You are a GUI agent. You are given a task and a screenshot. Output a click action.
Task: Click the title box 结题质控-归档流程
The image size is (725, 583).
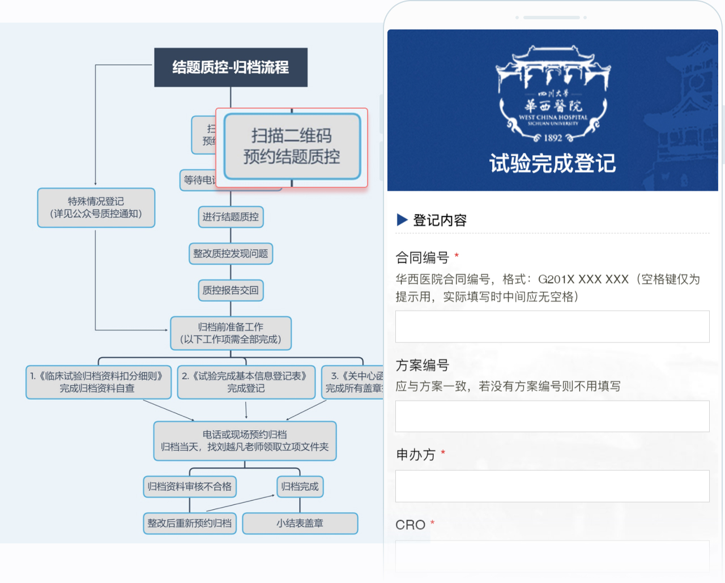(231, 67)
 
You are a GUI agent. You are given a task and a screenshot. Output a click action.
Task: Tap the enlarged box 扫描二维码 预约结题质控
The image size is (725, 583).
(292, 147)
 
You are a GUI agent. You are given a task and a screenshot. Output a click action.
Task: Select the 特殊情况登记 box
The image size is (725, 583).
(96, 208)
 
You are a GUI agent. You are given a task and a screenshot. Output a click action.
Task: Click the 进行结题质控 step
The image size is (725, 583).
(231, 217)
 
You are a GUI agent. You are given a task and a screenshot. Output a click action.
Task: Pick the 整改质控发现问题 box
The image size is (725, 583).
(231, 254)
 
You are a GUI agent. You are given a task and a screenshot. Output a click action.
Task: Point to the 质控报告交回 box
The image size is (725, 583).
(231, 290)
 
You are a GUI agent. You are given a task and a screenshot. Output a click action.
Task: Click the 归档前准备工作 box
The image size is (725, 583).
(231, 333)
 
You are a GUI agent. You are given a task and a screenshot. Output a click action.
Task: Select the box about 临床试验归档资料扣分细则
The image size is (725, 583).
(98, 382)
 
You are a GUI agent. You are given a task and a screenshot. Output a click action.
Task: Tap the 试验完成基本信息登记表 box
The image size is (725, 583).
(246, 382)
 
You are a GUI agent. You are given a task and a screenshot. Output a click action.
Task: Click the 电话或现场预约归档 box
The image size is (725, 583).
(245, 441)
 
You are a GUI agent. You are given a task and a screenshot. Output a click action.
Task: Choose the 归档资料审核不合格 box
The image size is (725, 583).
(190, 487)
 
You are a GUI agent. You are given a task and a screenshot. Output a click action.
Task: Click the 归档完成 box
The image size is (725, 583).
(300, 487)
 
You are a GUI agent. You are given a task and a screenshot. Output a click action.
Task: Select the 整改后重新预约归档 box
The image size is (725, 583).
(190, 524)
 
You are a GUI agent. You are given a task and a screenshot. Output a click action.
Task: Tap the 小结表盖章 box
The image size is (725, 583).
(300, 524)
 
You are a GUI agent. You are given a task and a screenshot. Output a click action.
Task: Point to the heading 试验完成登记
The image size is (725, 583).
(552, 164)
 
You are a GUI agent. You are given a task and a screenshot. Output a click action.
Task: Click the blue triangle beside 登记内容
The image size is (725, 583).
(402, 220)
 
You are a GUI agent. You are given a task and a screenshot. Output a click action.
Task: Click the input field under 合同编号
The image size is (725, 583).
(552, 327)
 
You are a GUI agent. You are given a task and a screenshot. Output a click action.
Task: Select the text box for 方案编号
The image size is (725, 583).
(552, 417)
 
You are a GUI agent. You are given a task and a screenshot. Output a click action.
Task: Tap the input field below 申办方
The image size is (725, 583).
(552, 486)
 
